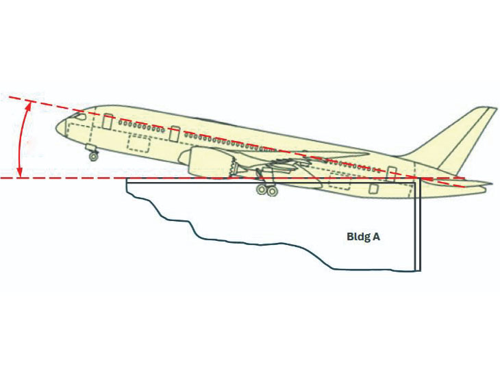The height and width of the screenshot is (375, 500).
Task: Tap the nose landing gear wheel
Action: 93,156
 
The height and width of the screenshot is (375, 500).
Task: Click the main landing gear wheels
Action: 266,191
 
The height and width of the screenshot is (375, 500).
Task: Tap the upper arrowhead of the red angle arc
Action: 29,104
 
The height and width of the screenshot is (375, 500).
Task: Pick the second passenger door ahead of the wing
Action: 175,133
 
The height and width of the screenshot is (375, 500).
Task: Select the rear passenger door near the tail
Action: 391,172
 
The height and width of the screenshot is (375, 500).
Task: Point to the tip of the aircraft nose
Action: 60,127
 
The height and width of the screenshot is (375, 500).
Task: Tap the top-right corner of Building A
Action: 420,181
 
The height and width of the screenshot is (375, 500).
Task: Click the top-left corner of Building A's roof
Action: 127,180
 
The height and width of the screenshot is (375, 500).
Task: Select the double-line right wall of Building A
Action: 418,226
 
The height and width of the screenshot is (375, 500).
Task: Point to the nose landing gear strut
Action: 90,148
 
